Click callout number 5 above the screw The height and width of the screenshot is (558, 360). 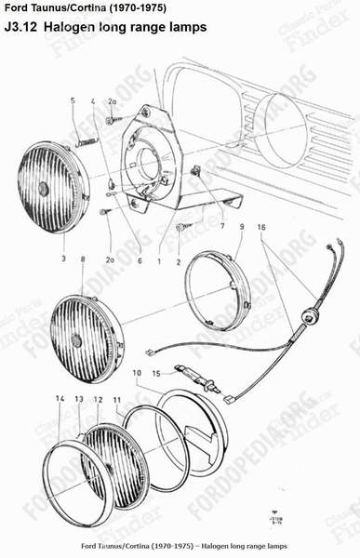click(x=72, y=100)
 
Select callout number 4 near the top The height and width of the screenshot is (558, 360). click(x=94, y=100)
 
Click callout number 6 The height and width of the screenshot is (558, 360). click(x=140, y=262)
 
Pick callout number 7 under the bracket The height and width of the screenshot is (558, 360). click(x=221, y=226)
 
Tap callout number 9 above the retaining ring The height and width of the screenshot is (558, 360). click(x=241, y=226)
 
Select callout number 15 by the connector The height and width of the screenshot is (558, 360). click(x=131, y=372)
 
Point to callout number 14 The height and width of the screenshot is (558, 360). click(x=60, y=398)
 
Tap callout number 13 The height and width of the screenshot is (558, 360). click(x=79, y=398)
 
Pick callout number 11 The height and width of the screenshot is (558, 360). click(x=117, y=398)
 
